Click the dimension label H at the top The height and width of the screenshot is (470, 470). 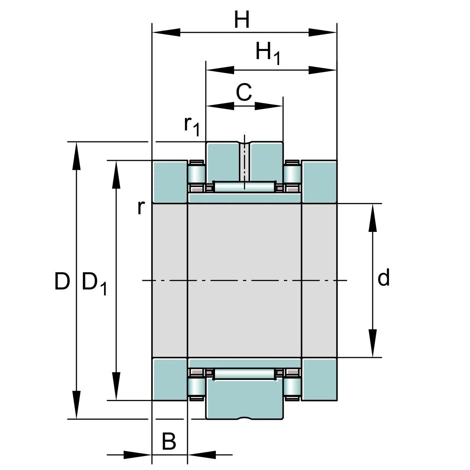click(x=242, y=20)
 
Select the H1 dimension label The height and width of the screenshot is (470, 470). click(x=268, y=53)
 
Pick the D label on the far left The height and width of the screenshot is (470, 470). click(x=62, y=281)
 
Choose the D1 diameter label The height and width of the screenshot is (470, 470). click(x=94, y=284)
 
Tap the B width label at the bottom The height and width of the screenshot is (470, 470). click(x=169, y=441)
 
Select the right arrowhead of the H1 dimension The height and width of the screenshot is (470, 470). click(x=322, y=70)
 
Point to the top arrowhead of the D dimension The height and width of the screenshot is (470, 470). click(x=76, y=156)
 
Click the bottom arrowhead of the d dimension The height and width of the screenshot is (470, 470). click(x=372, y=343)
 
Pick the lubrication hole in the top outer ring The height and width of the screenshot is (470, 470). click(x=244, y=162)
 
